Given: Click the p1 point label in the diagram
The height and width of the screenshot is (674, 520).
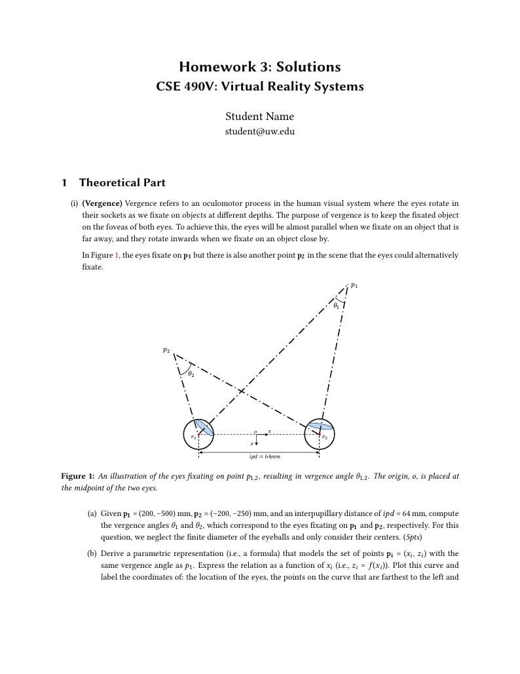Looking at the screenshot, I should pyautogui.click(x=354, y=285).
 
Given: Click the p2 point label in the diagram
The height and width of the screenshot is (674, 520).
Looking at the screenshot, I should pyautogui.click(x=166, y=351).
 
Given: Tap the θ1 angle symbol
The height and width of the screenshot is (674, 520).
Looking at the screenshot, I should pyautogui.click(x=336, y=305).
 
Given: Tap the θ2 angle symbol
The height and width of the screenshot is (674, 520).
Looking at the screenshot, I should pyautogui.click(x=191, y=374).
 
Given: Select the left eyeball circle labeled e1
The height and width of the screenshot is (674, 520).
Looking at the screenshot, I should pyautogui.click(x=198, y=434).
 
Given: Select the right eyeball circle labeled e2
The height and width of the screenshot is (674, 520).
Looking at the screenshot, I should pyautogui.click(x=320, y=434).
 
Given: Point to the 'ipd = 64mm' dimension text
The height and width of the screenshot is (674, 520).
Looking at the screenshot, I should pyautogui.click(x=265, y=456).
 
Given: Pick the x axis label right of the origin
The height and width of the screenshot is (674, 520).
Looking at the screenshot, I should pyautogui.click(x=269, y=431).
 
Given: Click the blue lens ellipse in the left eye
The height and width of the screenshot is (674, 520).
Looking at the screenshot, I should pyautogui.click(x=204, y=427).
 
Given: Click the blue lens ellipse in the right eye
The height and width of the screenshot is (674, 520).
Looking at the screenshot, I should pyautogui.click(x=321, y=426).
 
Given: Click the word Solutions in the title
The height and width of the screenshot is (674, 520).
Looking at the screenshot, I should pyautogui.click(x=308, y=67).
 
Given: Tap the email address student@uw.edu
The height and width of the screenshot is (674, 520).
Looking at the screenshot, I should pyautogui.click(x=259, y=131).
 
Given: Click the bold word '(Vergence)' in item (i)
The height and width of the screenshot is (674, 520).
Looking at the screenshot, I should pyautogui.click(x=102, y=203).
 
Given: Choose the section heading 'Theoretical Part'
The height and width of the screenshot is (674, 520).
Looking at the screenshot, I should pyautogui.click(x=122, y=183).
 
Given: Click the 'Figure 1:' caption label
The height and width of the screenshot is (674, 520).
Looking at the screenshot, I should pyautogui.click(x=77, y=476).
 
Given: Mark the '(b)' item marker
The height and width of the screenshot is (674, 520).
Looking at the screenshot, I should pyautogui.click(x=92, y=553).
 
